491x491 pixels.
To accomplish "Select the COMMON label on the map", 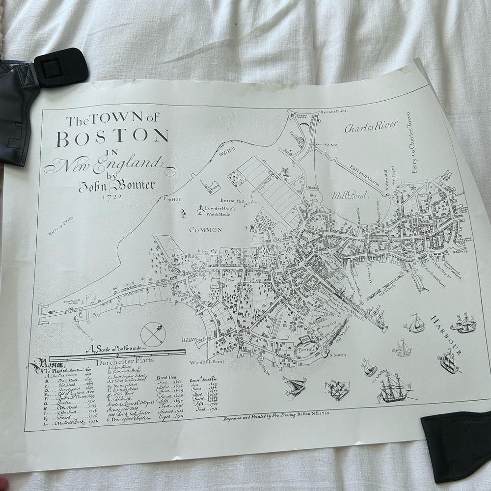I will click(x=206, y=229).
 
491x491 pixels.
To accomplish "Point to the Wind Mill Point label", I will click(x=218, y=362).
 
